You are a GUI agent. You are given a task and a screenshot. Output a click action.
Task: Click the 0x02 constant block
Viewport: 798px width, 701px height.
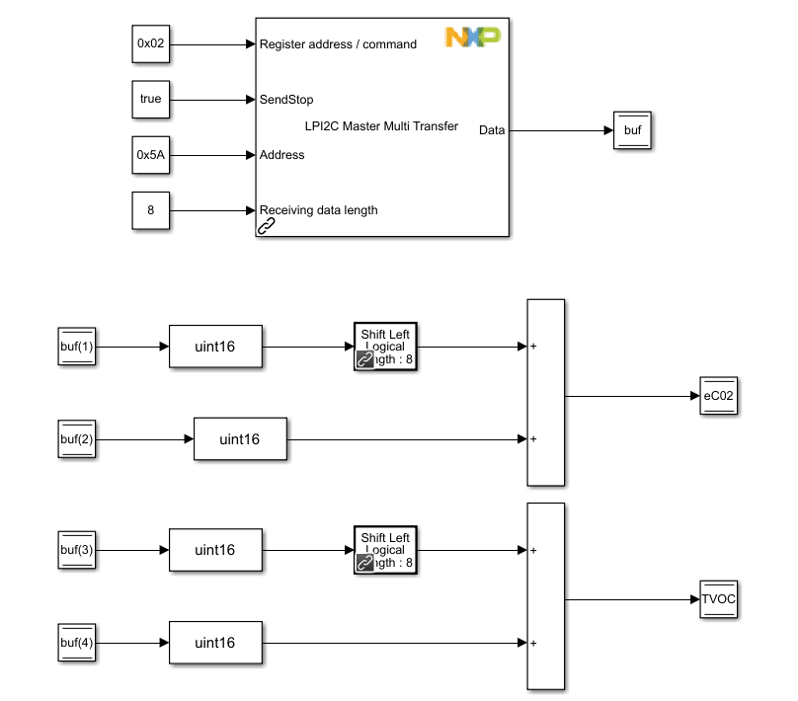151,44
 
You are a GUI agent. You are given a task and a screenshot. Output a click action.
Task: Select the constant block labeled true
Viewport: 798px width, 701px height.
151,99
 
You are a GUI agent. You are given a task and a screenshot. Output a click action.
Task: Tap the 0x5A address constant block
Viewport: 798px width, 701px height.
151,154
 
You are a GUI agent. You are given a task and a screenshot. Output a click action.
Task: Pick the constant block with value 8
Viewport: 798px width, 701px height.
151,210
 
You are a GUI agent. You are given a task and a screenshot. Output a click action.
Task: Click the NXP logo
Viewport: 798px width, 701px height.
472,38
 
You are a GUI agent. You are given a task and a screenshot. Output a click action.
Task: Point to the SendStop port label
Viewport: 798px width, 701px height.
286,100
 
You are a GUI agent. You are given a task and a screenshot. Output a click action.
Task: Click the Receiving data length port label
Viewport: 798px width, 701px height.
318,210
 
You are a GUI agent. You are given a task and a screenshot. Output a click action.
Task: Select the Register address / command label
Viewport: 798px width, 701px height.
337,44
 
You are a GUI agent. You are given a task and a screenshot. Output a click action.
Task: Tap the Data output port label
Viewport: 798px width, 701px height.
492,130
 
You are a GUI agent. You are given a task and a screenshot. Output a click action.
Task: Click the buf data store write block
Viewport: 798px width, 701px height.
632,130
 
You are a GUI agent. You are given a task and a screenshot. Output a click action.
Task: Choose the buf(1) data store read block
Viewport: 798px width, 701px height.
77,348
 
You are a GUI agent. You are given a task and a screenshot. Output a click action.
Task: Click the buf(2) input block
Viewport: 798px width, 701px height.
77,439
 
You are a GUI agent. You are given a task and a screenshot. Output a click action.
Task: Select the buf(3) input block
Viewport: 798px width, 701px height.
77,550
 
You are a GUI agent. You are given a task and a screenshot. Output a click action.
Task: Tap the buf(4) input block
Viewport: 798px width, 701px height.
77,643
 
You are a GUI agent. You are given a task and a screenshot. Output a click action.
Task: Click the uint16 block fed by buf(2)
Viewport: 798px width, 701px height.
240,439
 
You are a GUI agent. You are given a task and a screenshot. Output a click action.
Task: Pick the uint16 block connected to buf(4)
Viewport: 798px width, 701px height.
215,643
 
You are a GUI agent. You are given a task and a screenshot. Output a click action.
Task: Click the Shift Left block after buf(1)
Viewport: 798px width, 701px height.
385,348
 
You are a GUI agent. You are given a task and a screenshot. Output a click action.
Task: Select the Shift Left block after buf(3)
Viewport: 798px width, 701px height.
385,550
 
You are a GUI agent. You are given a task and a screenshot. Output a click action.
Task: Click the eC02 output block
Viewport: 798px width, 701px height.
718,396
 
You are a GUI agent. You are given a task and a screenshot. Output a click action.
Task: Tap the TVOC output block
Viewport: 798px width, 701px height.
718,598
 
